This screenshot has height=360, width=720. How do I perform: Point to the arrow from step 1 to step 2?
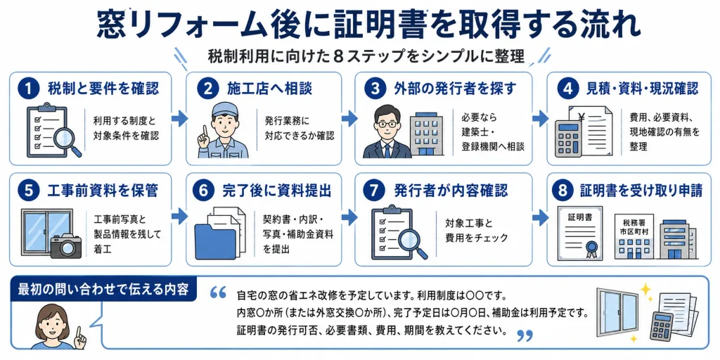click(x=179, y=118)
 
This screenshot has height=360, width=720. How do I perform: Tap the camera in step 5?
click(x=65, y=245)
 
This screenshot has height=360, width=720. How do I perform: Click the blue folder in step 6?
click(x=215, y=241)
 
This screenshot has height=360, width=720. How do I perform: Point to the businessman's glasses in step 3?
click(x=386, y=124)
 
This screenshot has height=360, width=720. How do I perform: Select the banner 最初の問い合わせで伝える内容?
click(x=103, y=290)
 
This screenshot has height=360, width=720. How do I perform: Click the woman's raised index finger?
click(x=78, y=333)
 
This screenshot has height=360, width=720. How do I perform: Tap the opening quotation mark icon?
click(x=219, y=292)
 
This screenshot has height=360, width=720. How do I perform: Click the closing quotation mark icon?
click(x=525, y=335)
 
